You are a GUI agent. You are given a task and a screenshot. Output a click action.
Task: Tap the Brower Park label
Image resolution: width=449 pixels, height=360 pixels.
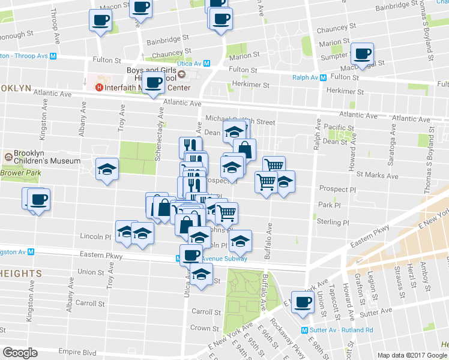pyautogui.click(x=20, y=173)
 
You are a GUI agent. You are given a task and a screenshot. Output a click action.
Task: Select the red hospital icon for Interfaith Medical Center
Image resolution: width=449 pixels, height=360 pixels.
pyautogui.click(x=100, y=88)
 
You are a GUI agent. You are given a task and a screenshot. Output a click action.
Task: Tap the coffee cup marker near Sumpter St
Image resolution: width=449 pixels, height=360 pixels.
pyautogui.click(x=362, y=54)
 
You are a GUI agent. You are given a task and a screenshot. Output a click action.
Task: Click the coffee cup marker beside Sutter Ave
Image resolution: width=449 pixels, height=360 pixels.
pyautogui.click(x=303, y=302)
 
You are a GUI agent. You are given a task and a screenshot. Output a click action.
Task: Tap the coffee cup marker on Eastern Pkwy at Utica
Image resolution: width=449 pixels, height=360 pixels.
pyautogui.click(x=191, y=254)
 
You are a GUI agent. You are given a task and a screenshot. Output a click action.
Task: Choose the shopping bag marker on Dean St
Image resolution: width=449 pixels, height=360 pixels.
pyautogui.click(x=244, y=149)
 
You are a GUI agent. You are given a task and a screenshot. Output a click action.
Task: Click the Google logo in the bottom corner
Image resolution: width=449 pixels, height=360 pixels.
pyautogui.click(x=20, y=353)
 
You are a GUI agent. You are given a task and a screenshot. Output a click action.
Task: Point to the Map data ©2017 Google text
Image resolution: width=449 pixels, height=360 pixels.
pyautogui.click(x=412, y=356)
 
